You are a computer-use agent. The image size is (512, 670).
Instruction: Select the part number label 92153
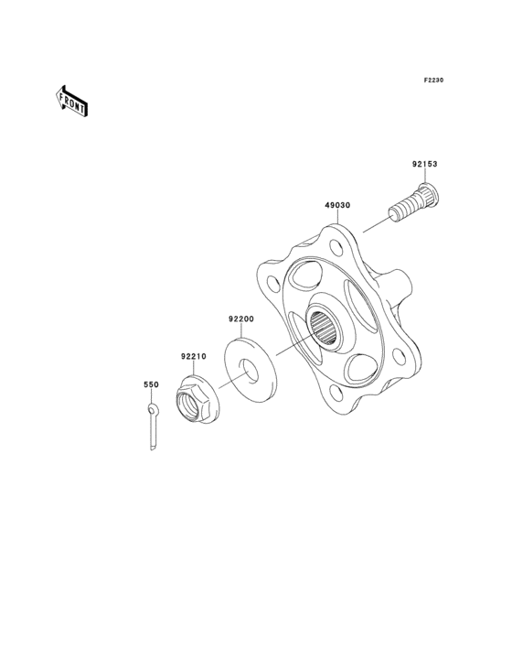pos(424,165)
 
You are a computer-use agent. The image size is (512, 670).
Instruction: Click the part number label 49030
pos(337,207)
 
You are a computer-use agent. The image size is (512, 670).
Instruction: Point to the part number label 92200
pos(240,319)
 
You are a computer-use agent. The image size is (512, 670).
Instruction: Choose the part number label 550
pos(151,385)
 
